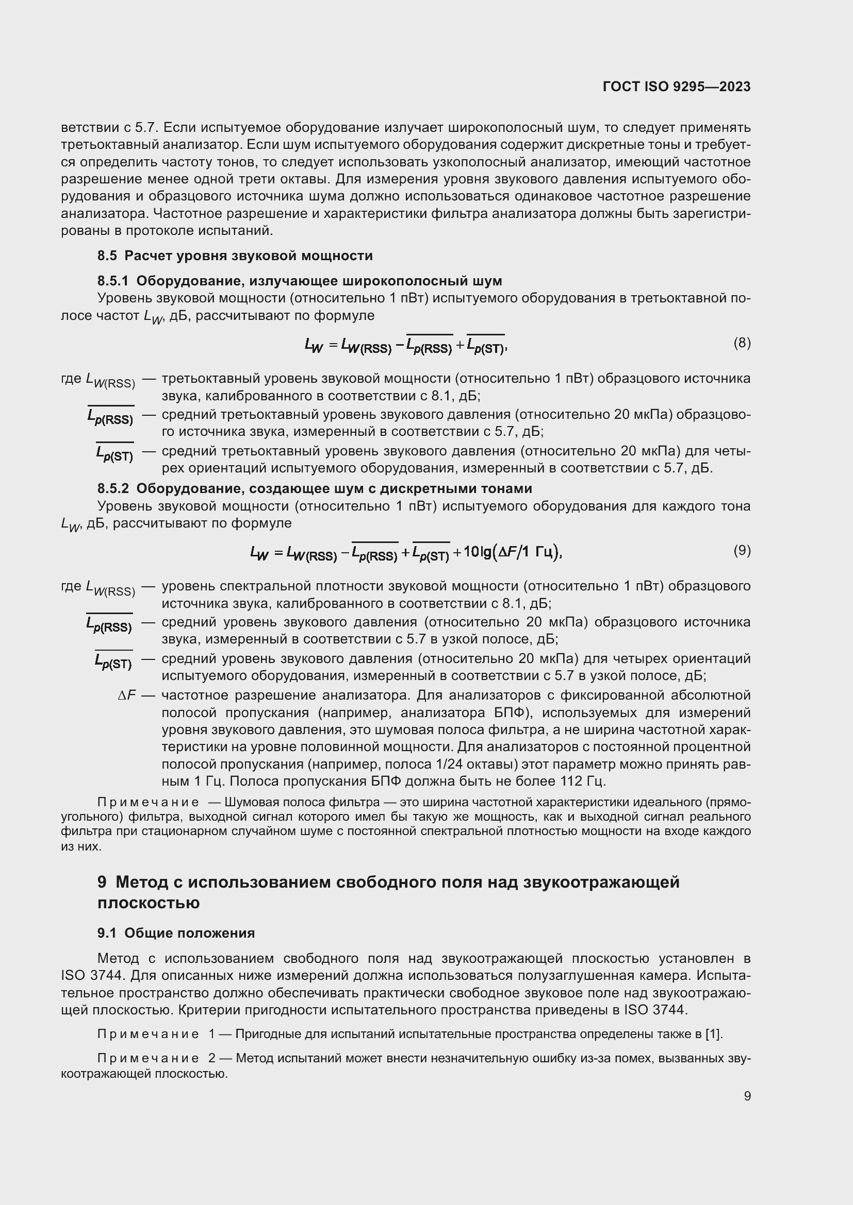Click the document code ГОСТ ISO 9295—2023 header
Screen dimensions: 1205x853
pos(677,87)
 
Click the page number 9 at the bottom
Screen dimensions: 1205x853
pos(747,1096)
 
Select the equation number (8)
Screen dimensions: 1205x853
pos(742,343)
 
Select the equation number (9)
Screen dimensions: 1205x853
pos(742,551)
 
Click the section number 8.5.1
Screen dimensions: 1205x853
pos(113,281)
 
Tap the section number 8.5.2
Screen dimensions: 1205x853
pos(113,488)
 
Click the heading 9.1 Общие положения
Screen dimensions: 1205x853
pos(176,933)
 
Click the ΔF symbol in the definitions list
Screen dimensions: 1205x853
pos(127,696)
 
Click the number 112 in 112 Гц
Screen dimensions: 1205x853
pos(570,782)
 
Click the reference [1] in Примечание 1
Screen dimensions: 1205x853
pos(714,1034)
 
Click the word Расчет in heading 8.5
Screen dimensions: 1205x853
pos(148,256)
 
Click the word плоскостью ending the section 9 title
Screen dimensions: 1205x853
pos(148,903)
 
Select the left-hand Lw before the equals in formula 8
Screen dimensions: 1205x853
pos(314,345)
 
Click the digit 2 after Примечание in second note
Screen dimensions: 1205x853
pos(211,1058)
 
